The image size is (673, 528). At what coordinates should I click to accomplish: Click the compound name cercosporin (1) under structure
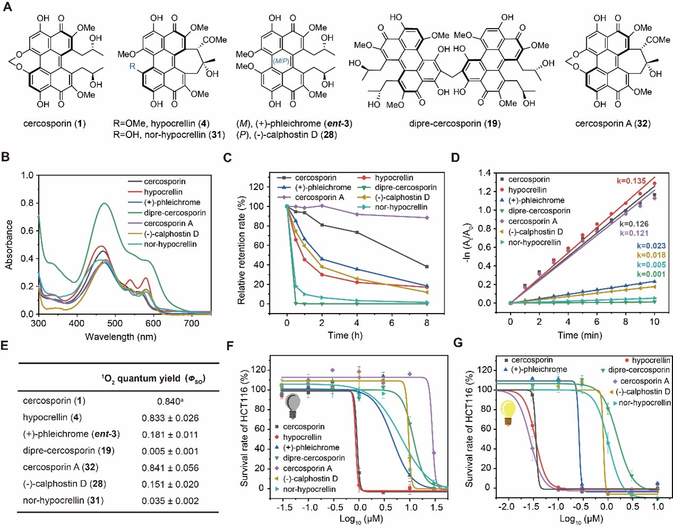pyautogui.click(x=55, y=124)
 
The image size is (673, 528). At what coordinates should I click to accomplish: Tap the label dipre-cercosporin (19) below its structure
pyautogui.click(x=454, y=124)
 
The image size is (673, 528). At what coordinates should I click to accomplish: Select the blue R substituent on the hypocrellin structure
pyautogui.click(x=133, y=67)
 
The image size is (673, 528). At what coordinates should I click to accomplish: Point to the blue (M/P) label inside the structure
pyautogui.click(x=281, y=61)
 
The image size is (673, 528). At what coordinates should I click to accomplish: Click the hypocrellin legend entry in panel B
pyautogui.click(x=163, y=192)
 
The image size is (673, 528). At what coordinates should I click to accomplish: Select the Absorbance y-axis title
pyautogui.click(x=9, y=245)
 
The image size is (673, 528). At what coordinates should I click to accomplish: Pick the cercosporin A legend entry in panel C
pyautogui.click(x=319, y=197)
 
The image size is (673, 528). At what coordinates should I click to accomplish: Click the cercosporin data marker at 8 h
pyautogui.click(x=427, y=266)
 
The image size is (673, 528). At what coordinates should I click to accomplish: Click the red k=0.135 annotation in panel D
pyautogui.click(x=631, y=181)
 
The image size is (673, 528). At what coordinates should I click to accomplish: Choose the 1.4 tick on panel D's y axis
pyautogui.click(x=484, y=172)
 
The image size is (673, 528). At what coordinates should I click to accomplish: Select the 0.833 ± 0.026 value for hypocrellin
pyautogui.click(x=170, y=418)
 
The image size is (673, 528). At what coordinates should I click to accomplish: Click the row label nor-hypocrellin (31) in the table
pyautogui.click(x=63, y=500)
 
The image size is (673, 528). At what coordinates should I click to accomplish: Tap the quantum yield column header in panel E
pyautogui.click(x=153, y=378)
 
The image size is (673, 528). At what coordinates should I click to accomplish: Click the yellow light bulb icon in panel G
pyautogui.click(x=509, y=412)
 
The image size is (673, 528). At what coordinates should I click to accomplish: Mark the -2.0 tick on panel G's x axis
pyautogui.click(x=507, y=507)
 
